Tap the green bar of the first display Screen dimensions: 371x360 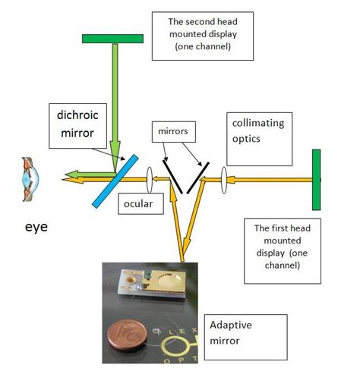314,179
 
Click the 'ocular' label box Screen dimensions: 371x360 137,204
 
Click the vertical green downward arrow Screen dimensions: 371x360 113,99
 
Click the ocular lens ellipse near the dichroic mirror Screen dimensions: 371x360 152,180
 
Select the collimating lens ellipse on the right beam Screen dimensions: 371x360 224,180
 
